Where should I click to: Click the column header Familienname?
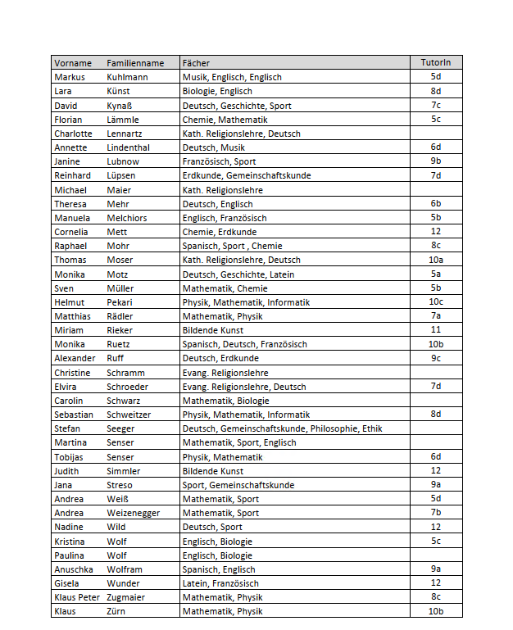point(135,63)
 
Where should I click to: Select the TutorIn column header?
point(435,63)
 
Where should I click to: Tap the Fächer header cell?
point(196,63)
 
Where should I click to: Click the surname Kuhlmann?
point(127,77)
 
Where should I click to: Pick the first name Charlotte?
point(73,134)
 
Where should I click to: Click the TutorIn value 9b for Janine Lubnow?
point(435,161)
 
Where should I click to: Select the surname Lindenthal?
point(129,147)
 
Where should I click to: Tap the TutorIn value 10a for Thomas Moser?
point(435,260)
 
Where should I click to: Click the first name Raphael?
point(70,246)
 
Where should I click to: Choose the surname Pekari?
point(120,302)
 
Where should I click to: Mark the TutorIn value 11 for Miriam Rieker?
point(435,330)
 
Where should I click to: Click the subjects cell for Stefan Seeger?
point(282,428)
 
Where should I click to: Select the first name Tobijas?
point(70,457)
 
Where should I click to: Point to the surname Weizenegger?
point(133,513)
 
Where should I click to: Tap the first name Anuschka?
point(74,569)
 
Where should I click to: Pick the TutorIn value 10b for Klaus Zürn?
point(435,611)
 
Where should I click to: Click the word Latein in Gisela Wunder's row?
point(194,583)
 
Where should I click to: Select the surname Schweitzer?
point(129,415)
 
